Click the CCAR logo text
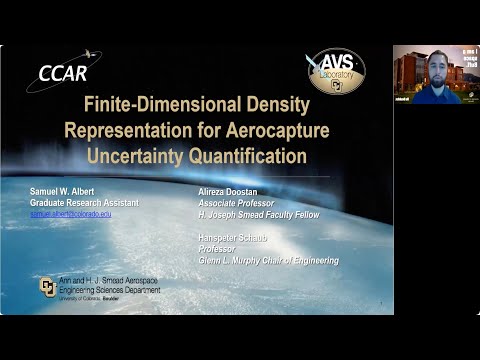[62, 73]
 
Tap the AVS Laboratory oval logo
[336, 70]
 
